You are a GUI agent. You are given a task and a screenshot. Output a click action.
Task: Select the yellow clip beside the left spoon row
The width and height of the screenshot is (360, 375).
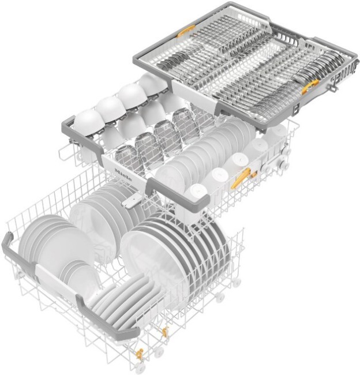click(186, 31)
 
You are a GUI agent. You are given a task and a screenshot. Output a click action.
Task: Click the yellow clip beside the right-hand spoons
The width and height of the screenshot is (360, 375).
click(310, 87)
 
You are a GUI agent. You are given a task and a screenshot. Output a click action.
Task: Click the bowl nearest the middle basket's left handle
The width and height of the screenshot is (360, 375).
click(88, 122)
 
